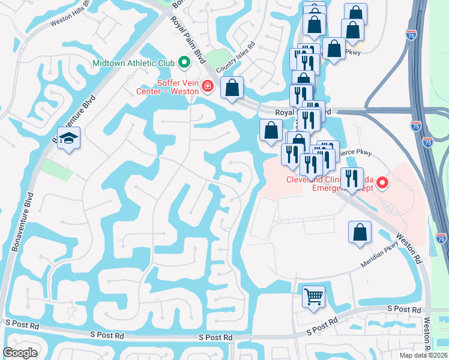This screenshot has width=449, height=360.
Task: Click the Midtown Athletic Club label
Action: tap(133, 62)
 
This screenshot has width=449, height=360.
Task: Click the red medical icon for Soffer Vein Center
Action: tap(207, 86)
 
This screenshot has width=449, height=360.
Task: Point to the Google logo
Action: tap(20, 353)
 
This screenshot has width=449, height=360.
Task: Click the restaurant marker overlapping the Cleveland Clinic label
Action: tap(351, 178)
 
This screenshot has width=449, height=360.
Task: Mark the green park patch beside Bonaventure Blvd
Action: tap(56, 169)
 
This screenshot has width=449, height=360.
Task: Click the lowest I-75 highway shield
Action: tap(441, 238)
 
